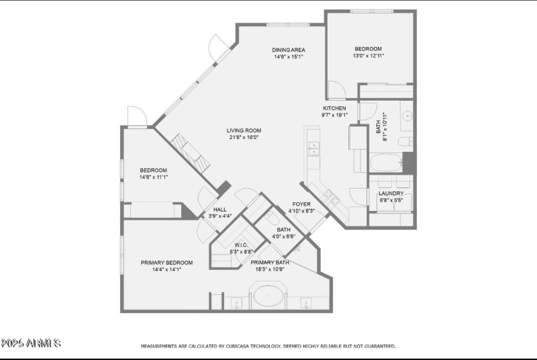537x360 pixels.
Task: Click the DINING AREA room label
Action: tap(289, 50)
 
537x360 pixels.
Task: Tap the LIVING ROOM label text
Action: tap(244, 130)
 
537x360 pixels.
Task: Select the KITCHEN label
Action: tap(335, 108)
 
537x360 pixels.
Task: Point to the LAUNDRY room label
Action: tap(391, 193)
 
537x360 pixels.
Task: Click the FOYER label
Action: tap(301, 204)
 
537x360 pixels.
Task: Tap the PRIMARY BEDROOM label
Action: tap(166, 263)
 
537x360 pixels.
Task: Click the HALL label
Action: tap(219, 210)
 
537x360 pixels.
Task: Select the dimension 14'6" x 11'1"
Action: tap(153, 177)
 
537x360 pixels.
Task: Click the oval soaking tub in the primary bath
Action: tap(268, 296)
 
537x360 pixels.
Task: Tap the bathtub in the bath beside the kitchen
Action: tap(385, 163)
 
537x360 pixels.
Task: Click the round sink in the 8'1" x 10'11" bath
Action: tap(407, 116)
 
